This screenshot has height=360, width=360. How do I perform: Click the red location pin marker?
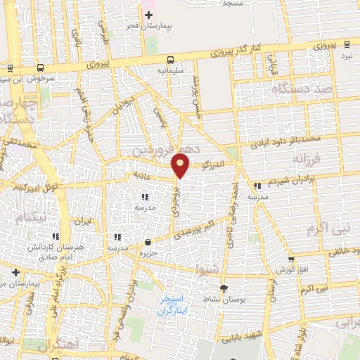181,165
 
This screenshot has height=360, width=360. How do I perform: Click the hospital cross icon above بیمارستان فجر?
148,15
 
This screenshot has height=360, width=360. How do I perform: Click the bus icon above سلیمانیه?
172,60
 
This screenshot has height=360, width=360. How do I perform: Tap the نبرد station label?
346,55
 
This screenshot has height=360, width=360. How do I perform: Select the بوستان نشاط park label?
224,300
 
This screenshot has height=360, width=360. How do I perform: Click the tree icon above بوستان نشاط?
224,288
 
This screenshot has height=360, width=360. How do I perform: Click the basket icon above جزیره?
148,242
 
